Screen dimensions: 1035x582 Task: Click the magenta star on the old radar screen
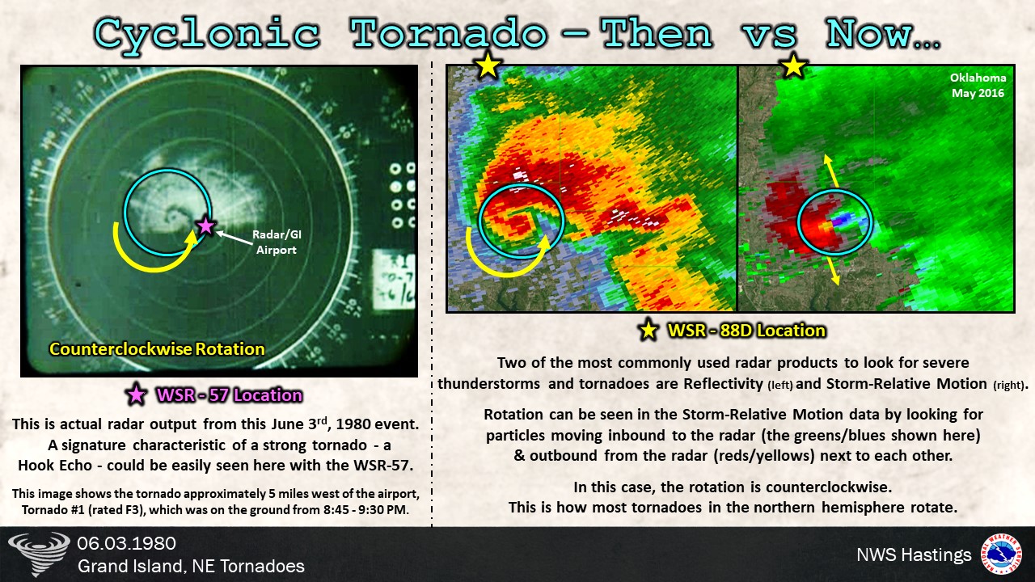click(205, 226)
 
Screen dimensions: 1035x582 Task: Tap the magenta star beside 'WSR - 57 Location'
click(137, 395)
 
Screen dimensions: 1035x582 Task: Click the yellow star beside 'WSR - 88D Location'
click(648, 331)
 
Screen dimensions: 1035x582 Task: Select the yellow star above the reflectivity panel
click(488, 65)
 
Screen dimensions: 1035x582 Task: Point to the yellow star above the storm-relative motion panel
click(793, 65)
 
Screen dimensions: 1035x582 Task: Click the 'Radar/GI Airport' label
click(277, 242)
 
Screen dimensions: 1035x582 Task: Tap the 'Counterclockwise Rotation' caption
click(157, 348)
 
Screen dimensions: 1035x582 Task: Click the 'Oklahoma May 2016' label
click(978, 85)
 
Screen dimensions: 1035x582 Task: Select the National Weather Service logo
click(1001, 554)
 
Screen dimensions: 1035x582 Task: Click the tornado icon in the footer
click(39, 554)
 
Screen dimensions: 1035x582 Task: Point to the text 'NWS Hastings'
click(914, 555)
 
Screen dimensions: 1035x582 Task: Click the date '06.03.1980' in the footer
click(127, 543)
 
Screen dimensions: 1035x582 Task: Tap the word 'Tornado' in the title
click(448, 33)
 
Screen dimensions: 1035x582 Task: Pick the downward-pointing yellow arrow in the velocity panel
click(830, 271)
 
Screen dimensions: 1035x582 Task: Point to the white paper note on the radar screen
click(394, 280)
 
